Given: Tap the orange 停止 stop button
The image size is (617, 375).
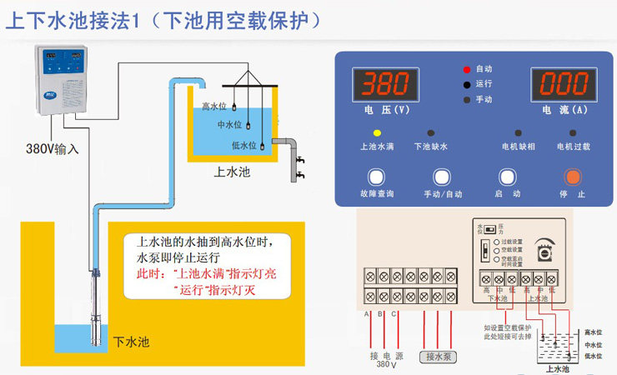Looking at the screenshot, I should [571, 177].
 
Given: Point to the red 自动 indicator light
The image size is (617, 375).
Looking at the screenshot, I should [467, 67].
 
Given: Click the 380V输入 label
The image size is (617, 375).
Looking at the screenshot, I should [51, 151].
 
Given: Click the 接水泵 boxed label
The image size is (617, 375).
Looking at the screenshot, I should [439, 357].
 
